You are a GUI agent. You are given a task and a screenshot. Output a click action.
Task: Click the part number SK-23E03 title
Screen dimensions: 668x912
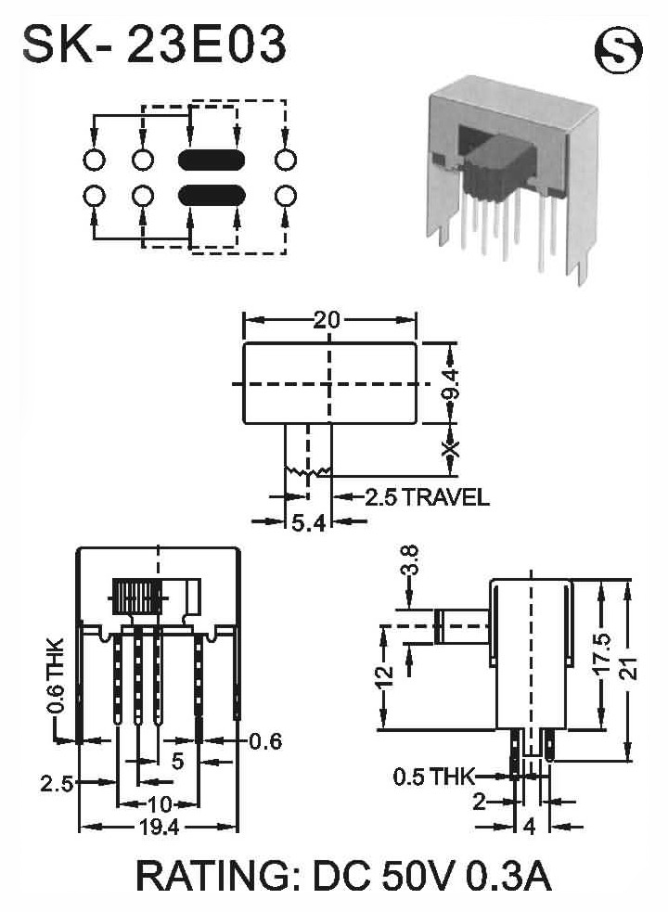coord(154,44)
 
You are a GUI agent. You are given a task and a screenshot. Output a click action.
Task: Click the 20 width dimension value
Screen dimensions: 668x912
coord(327,320)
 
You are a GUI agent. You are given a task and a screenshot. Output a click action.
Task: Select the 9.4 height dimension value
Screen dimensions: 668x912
coord(450,384)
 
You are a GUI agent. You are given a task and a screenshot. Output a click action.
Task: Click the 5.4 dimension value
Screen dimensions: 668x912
coord(308,523)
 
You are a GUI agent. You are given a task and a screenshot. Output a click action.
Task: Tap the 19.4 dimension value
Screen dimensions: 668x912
coord(159,827)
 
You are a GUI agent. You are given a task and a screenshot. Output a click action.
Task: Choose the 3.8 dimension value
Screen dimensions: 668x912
coord(410,559)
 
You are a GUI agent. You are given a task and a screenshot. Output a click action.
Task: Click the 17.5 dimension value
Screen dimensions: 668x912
coord(603,653)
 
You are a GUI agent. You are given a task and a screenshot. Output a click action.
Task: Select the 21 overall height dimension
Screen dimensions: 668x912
coord(631,668)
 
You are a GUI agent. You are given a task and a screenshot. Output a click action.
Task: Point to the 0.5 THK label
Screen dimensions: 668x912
coord(434,776)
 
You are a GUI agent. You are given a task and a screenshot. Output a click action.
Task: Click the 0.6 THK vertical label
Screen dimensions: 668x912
coord(56,675)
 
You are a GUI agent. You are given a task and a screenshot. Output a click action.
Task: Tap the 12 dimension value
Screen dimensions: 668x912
coord(385,676)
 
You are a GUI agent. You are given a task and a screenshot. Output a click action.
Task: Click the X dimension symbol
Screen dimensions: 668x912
coord(450,449)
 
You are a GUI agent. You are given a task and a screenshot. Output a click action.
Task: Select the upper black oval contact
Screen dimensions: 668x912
coord(211,160)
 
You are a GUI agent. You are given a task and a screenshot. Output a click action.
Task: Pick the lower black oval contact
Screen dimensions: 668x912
coord(211,196)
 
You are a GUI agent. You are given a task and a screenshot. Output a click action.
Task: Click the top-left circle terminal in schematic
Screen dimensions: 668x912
coord(95,160)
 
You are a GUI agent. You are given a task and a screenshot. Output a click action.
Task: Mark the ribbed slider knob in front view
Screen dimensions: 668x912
coord(137,597)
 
